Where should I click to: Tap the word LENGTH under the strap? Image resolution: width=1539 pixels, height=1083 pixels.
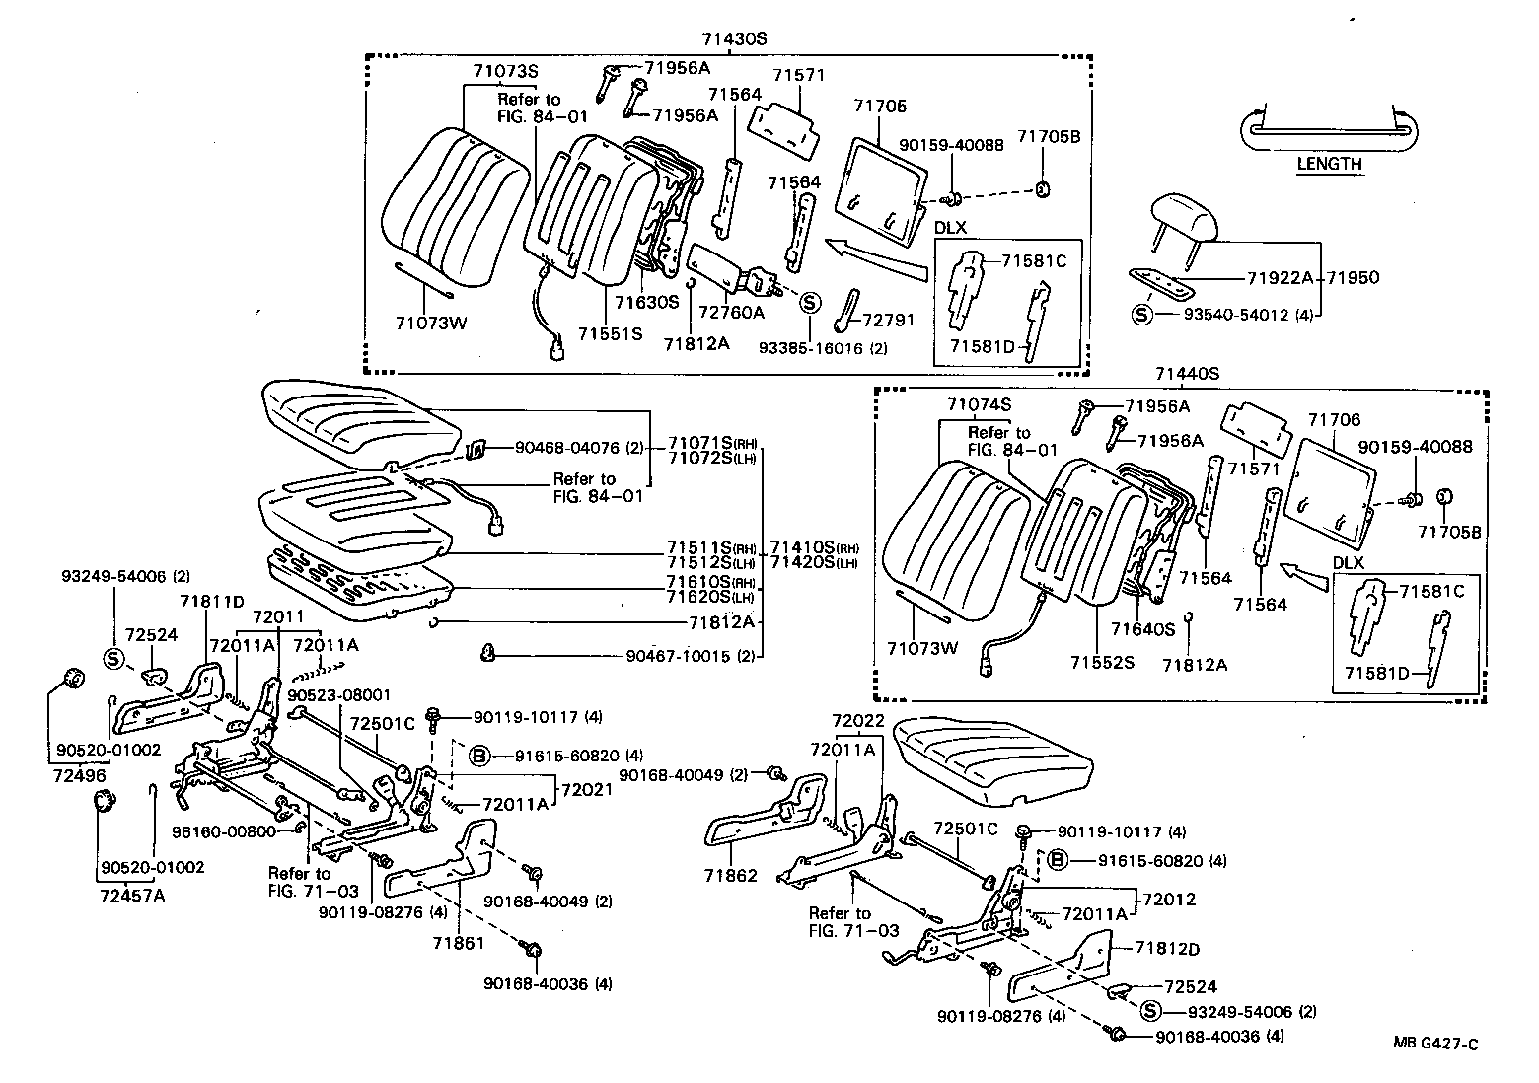1329,164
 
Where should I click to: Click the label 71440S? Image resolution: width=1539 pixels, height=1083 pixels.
1188,374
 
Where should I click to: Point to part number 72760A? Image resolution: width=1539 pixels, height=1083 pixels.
732,313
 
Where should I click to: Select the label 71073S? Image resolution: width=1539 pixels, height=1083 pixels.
505,71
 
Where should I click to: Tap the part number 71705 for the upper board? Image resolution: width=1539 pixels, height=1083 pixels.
880,106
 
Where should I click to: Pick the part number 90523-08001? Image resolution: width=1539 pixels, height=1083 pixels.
339,694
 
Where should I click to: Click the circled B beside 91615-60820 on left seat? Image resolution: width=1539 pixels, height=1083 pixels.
478,756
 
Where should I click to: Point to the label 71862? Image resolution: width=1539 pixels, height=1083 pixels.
731,875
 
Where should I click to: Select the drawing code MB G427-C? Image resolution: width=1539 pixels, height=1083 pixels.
1435,1045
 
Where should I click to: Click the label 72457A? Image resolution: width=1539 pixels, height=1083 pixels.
132,895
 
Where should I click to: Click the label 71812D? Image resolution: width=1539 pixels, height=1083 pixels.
1167,949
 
